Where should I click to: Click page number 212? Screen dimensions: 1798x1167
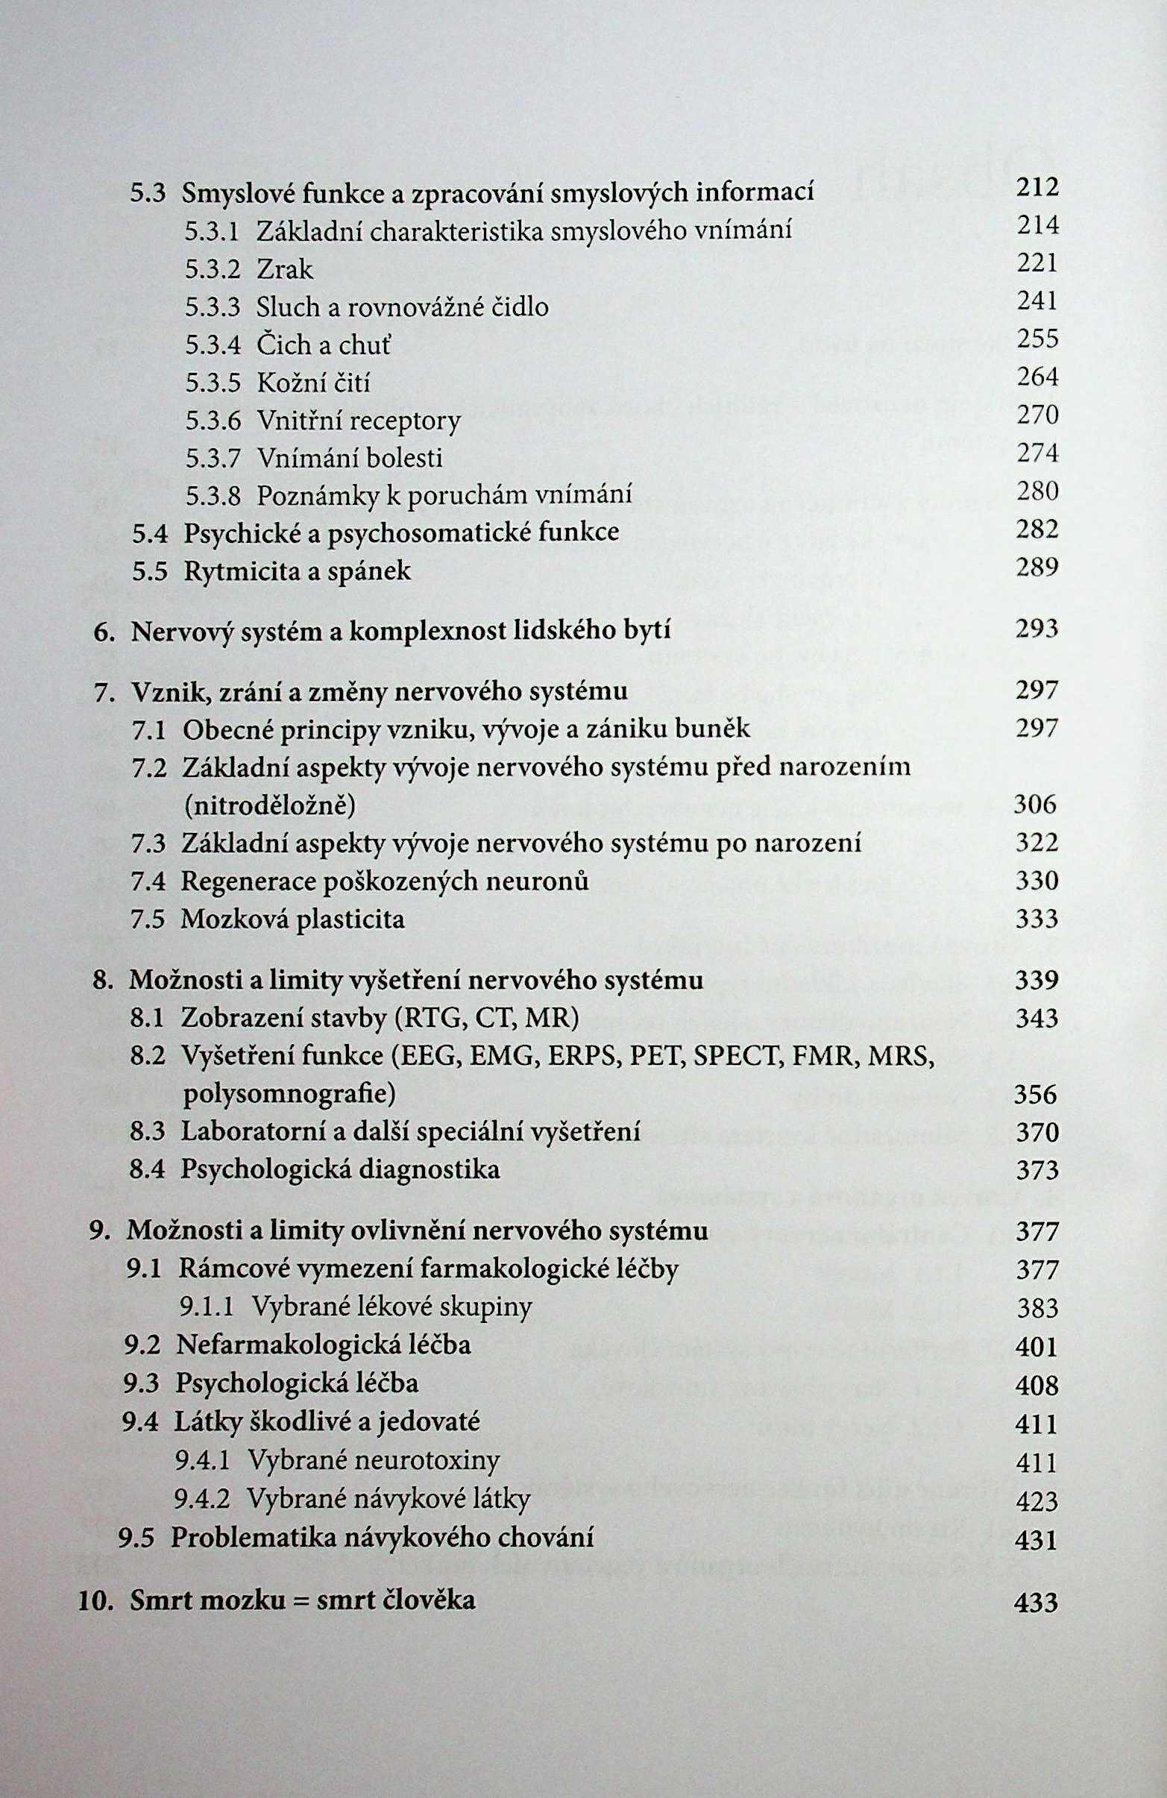[1037, 187]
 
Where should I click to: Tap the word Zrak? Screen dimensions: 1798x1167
[284, 270]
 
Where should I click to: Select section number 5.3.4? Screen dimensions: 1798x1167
[213, 345]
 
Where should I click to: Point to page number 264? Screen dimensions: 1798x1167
[1037, 377]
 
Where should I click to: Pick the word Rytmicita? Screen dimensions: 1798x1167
[245, 571]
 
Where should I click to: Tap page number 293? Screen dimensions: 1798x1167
[1037, 629]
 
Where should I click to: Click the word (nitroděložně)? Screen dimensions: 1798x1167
[268, 806]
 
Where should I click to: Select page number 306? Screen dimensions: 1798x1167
[1035, 805]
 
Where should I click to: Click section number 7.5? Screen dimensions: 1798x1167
[148, 920]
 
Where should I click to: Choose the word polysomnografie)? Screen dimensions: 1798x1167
[289, 1094]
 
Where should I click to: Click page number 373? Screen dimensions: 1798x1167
[1037, 1170]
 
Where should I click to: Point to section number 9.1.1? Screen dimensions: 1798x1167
[206, 1307]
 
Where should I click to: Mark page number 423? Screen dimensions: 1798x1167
[1037, 1500]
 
